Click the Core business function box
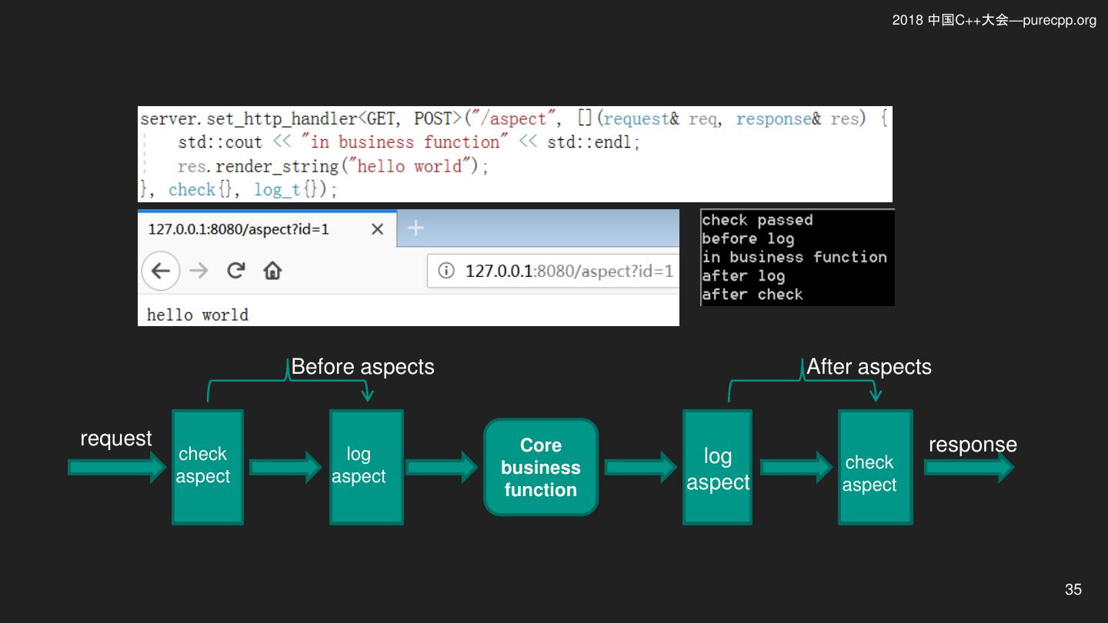click(541, 468)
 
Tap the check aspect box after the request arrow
click(208, 467)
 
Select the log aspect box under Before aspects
click(366, 467)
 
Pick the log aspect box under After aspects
click(717, 467)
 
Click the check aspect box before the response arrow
click(876, 467)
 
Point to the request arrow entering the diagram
click(117, 468)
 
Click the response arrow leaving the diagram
click(969, 468)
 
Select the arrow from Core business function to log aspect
click(640, 468)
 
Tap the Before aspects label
click(362, 367)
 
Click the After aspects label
click(869, 367)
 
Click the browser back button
click(161, 271)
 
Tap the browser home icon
click(272, 271)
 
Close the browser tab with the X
click(377, 229)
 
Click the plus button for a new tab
click(415, 228)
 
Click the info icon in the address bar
click(446, 271)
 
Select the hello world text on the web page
click(197, 315)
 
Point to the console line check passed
click(757, 220)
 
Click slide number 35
click(1073, 589)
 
